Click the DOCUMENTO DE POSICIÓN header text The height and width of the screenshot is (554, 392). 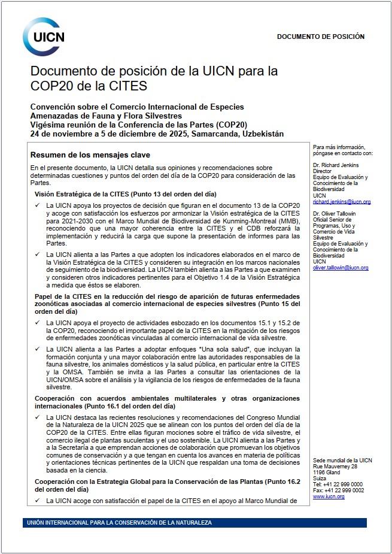(320, 37)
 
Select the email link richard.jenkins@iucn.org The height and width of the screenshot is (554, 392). (341, 202)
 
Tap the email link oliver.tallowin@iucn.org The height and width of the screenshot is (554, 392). (340, 268)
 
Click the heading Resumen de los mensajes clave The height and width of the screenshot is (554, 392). (82, 155)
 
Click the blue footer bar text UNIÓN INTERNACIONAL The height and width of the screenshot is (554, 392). (120, 523)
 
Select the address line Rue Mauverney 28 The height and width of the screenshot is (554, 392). (335, 466)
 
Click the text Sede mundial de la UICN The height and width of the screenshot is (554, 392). (342, 460)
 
